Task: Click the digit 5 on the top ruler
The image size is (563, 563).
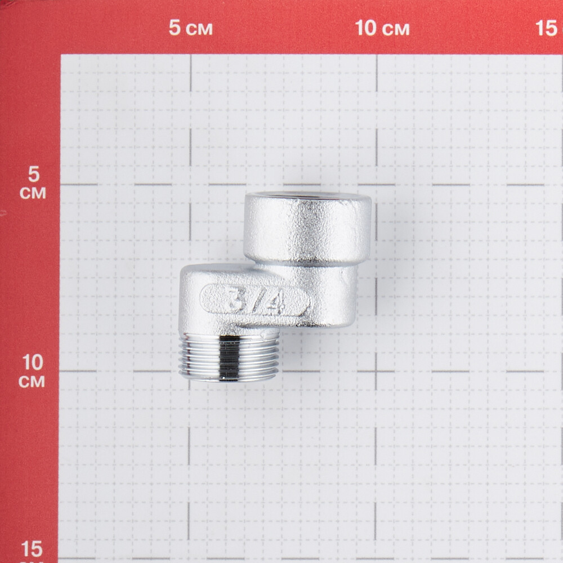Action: tap(175, 28)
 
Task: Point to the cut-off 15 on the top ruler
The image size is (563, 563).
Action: tap(548, 28)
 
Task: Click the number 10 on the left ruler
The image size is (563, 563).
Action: tap(32, 362)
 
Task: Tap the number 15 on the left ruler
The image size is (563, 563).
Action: tap(32, 549)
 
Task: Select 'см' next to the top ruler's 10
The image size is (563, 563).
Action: tap(396, 29)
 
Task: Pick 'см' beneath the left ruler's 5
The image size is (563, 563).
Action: tap(33, 193)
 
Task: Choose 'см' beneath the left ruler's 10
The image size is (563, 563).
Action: tap(32, 381)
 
